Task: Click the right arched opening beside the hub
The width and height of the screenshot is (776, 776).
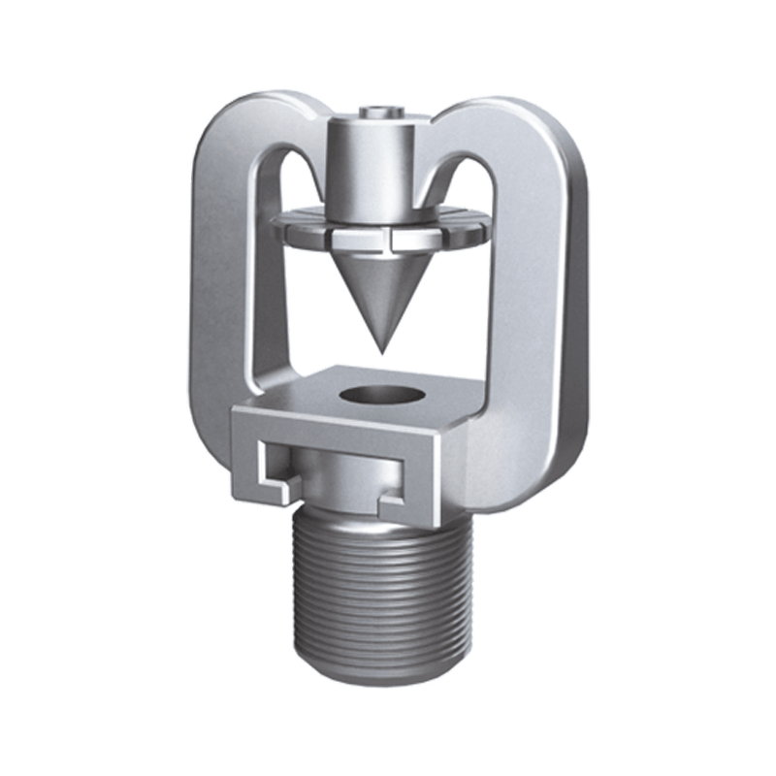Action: click(466, 194)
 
